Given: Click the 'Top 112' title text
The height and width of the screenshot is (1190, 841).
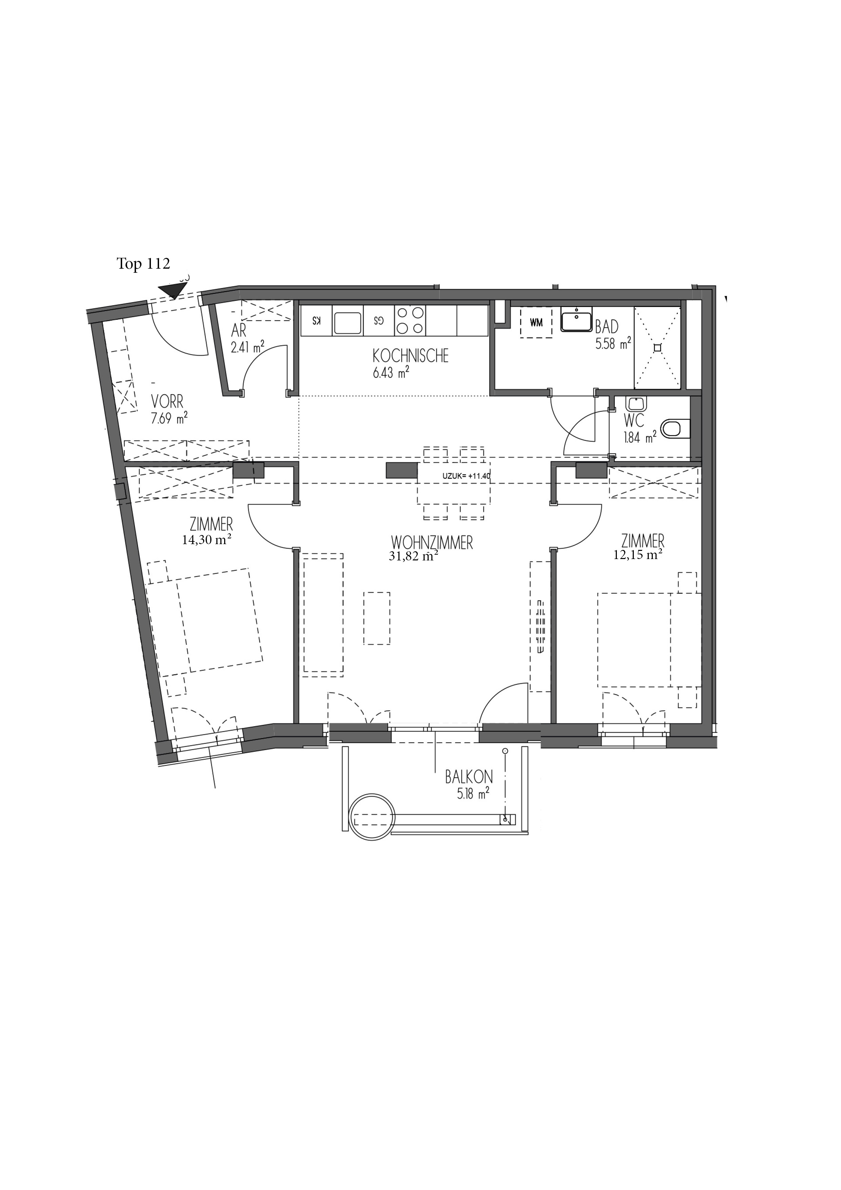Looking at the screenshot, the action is pos(143,264).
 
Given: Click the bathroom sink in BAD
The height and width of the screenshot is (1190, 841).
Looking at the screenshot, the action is pos(576,319).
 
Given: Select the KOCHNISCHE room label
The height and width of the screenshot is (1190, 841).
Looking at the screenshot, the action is pos(410,356).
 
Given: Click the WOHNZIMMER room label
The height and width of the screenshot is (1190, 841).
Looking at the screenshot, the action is pos(432,543).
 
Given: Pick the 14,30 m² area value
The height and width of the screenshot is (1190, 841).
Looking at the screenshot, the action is pos(206,540).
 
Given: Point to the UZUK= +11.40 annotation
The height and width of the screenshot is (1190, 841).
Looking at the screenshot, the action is pos(466,475).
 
